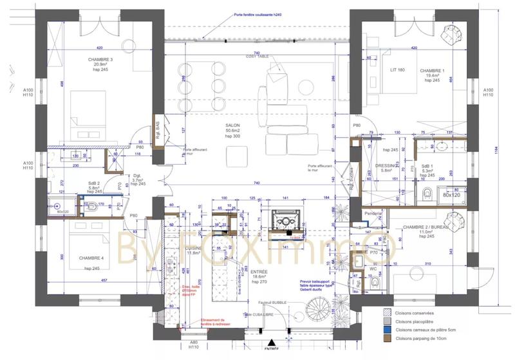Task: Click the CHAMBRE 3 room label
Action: point(100,59)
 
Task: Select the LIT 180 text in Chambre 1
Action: point(397,70)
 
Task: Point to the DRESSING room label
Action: point(386,164)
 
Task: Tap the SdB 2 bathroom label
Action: point(95,182)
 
